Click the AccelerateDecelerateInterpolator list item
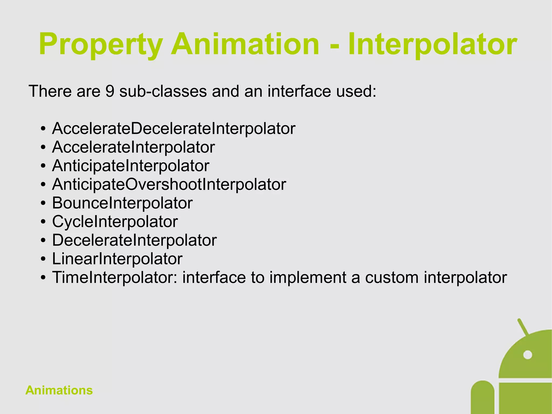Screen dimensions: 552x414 pos(174,129)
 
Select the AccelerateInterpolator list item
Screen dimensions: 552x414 pos(133,147)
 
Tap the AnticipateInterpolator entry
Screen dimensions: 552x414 pos(130,166)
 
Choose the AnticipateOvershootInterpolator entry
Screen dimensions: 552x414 pos(169,184)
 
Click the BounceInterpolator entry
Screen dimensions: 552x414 pos(122,203)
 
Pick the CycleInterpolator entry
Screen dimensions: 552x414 pos(115,222)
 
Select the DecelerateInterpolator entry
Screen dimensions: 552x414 pos(134,240)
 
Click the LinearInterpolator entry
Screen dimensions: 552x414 pos(117,259)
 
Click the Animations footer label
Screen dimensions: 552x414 pos(59,390)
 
